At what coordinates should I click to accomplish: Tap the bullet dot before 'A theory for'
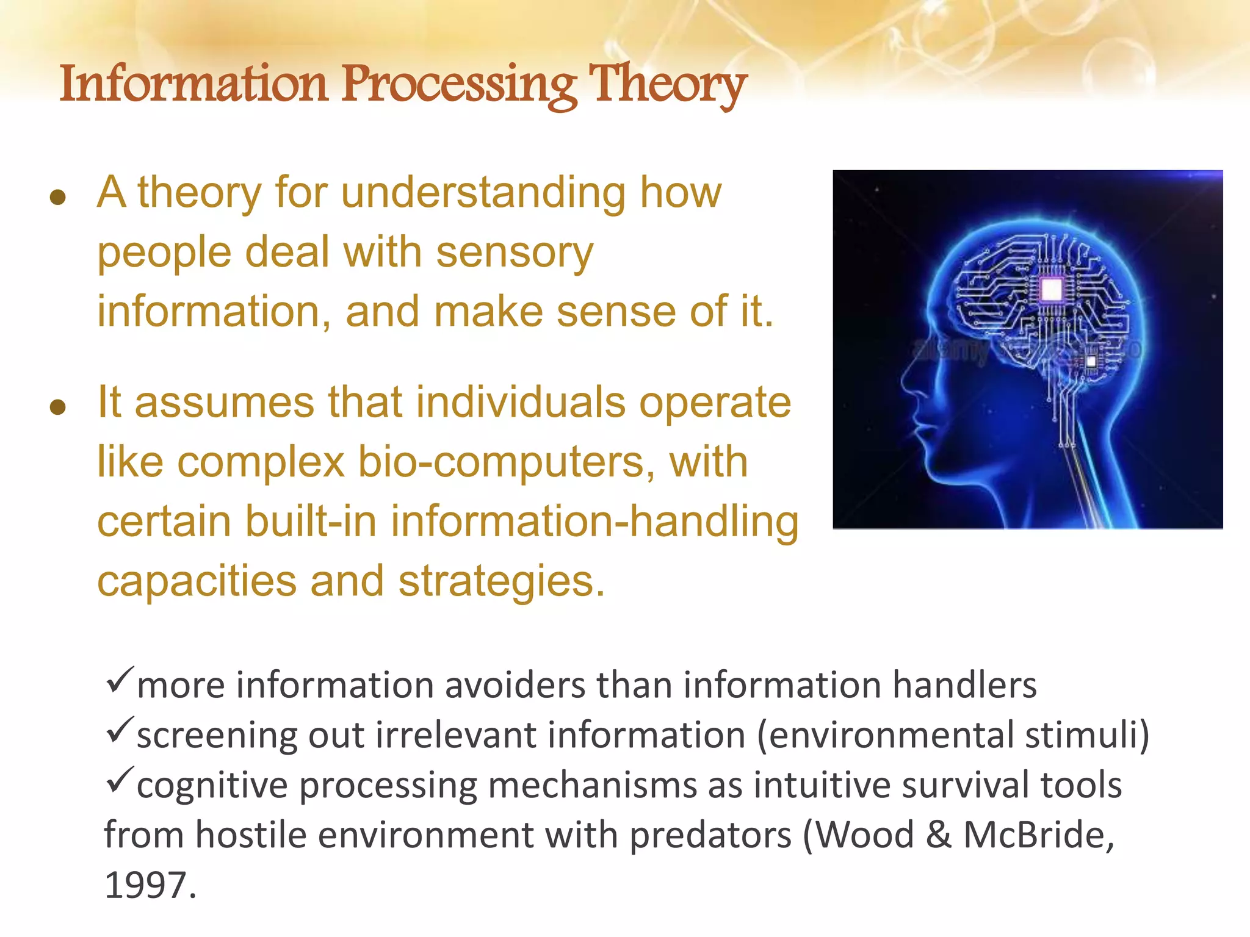pyautogui.click(x=58, y=197)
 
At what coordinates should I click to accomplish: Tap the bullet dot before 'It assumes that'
pyautogui.click(x=58, y=407)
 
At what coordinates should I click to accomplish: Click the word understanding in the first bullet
pyautogui.click(x=483, y=193)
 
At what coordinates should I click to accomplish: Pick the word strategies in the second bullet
pyautogui.click(x=501, y=581)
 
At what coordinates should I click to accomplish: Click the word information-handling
pyautogui.click(x=594, y=522)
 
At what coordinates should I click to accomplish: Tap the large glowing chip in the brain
pyautogui.click(x=1052, y=289)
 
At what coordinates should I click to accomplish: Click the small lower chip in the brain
pyautogui.click(x=1091, y=362)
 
